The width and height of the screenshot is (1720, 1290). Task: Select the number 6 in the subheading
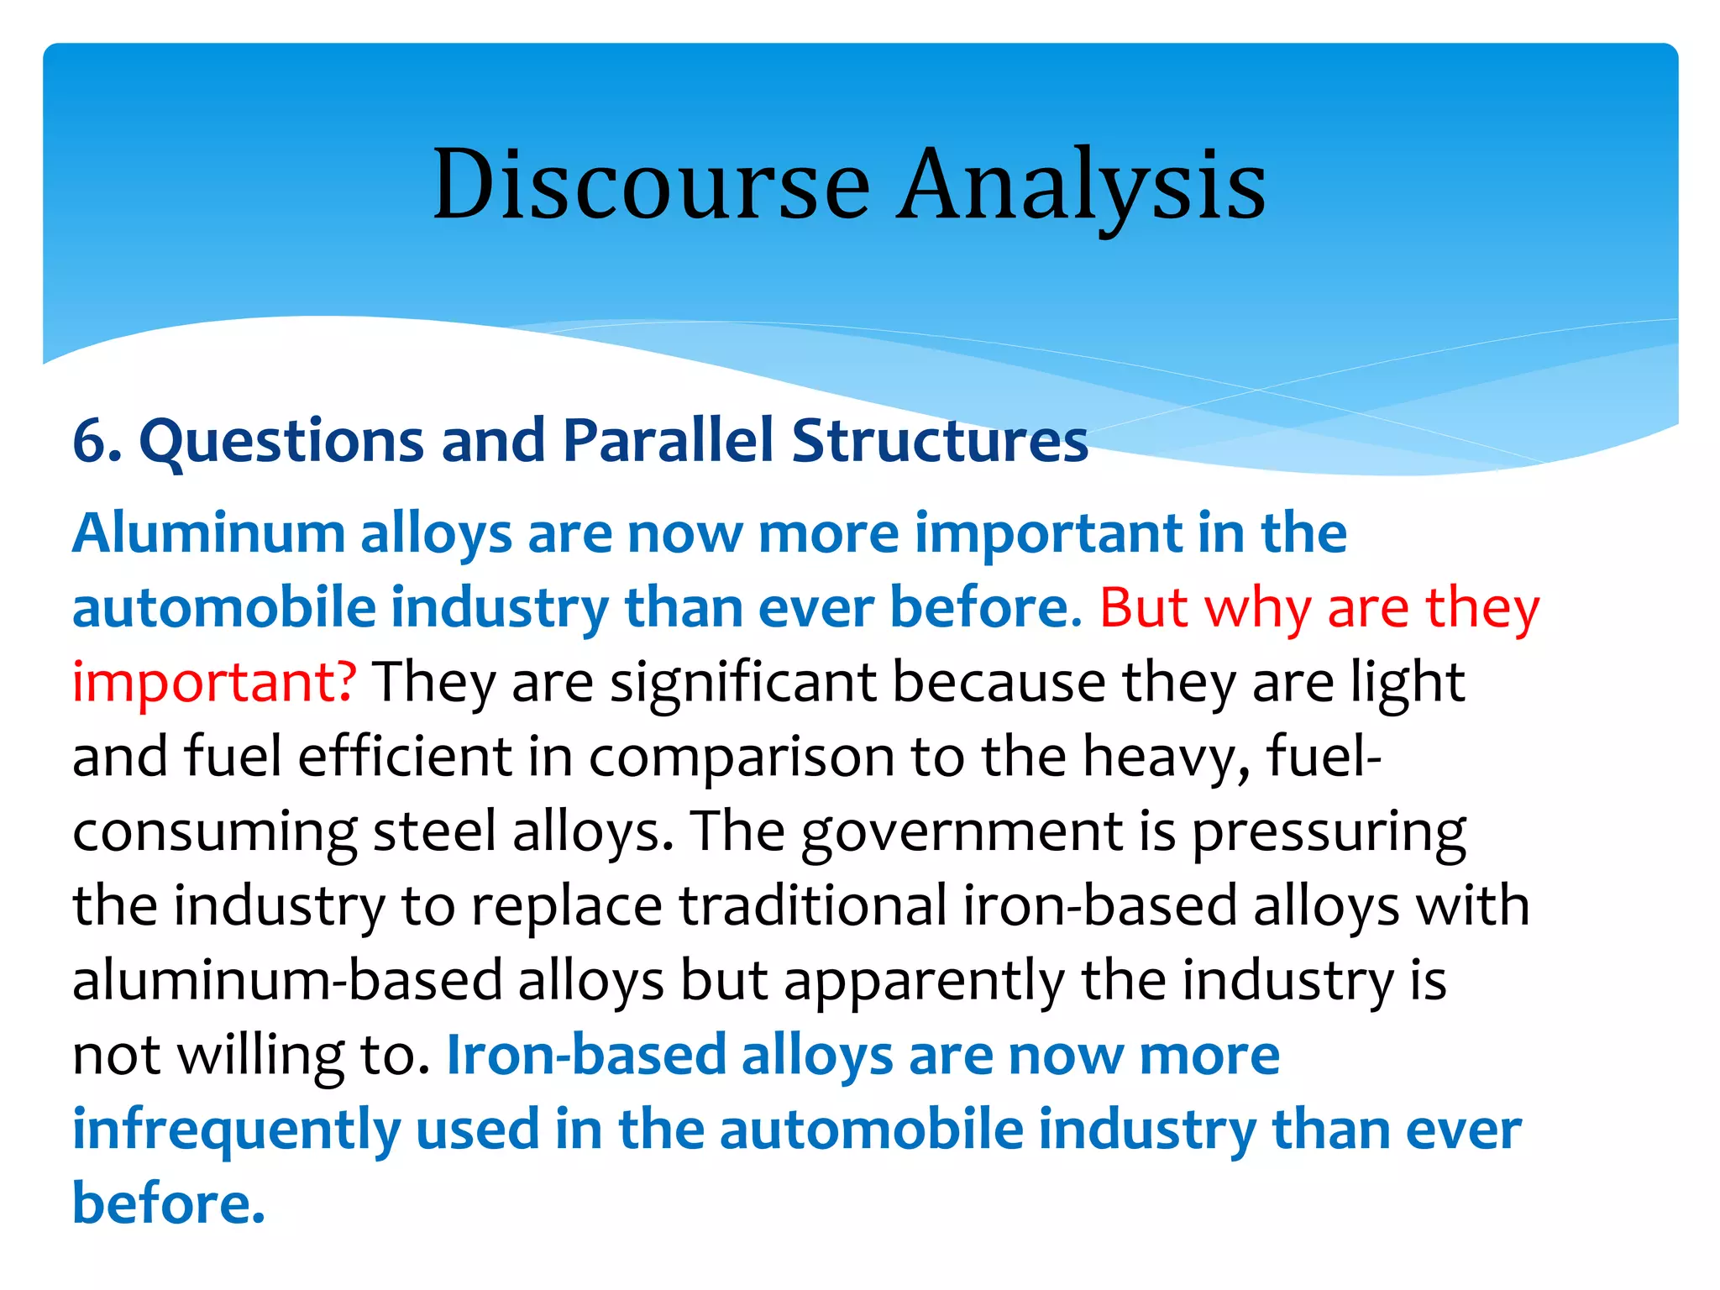point(91,441)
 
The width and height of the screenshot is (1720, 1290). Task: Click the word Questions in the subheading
point(281,441)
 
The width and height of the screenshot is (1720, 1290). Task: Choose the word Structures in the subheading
point(940,441)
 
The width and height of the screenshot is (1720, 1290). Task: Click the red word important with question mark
point(214,681)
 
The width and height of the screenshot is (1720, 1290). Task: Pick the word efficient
point(405,756)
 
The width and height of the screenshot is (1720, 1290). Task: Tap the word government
point(962,831)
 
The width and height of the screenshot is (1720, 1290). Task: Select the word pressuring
point(1329,831)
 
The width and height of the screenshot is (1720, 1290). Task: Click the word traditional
point(813,905)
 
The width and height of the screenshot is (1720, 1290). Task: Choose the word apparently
point(924,980)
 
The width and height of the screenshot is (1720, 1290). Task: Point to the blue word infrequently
point(236,1130)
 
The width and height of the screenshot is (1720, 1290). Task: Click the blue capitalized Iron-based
point(586,1055)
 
